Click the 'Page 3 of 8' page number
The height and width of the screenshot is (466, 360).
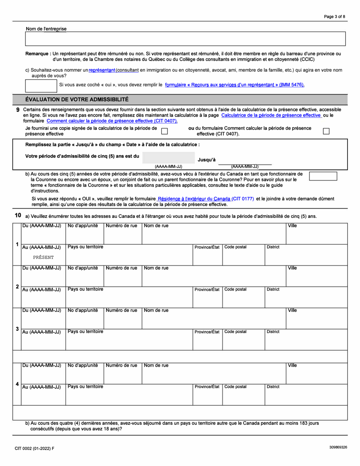click(334, 17)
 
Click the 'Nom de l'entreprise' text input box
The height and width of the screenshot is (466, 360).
click(185, 39)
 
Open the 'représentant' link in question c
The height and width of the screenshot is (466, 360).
click(102, 70)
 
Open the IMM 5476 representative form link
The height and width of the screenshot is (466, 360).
click(235, 85)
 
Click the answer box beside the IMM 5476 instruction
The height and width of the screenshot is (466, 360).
click(41, 86)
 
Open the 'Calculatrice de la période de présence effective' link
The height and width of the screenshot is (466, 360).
click(271, 115)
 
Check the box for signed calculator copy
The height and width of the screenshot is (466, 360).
click(165, 131)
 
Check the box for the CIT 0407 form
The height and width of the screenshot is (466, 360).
click(326, 131)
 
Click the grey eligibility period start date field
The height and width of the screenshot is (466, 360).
click(169, 158)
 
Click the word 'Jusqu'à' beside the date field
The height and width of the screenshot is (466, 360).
click(207, 160)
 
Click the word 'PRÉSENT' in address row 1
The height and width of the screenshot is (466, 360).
click(43, 257)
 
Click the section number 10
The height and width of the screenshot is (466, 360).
click(18, 215)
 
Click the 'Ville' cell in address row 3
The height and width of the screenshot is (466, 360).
click(316, 318)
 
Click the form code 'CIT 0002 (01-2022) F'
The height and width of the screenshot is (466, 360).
click(34, 448)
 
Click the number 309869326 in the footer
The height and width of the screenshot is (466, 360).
click(338, 447)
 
